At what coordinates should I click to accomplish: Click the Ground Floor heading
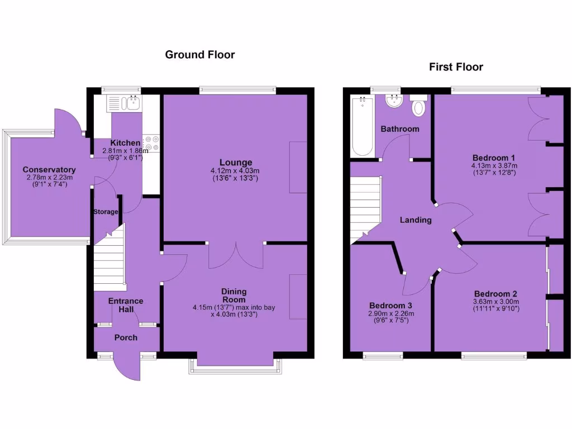click(199, 55)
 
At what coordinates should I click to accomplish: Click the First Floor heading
click(456, 67)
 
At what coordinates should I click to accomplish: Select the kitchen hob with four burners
click(151, 143)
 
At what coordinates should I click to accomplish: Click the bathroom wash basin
click(395, 101)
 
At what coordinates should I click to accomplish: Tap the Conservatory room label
click(49, 170)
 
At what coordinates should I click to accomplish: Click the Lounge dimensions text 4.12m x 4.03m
click(235, 171)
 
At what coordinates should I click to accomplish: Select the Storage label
click(106, 212)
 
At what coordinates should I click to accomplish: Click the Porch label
click(126, 337)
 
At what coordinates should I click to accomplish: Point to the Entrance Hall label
click(126, 305)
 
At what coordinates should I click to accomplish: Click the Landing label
click(415, 220)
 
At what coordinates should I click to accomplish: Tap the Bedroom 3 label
click(390, 306)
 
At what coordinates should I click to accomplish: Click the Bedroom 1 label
click(494, 158)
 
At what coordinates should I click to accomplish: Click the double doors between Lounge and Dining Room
click(236, 255)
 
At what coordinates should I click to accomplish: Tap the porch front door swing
click(126, 369)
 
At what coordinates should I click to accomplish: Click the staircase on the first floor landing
click(365, 209)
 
